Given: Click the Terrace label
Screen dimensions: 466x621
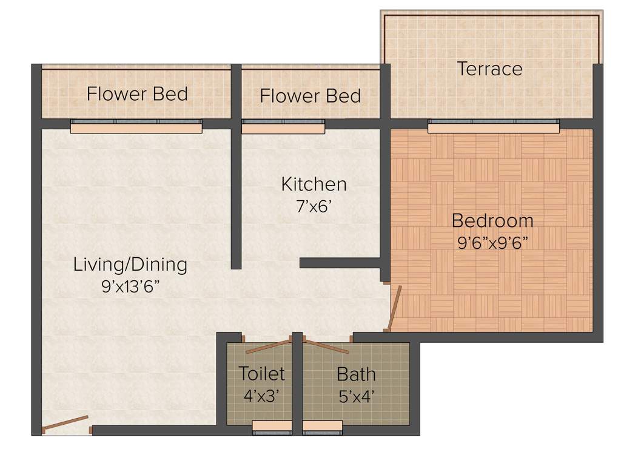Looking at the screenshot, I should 489,69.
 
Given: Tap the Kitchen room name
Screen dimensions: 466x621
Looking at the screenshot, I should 314,184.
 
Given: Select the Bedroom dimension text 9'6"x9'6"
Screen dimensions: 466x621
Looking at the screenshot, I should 492,243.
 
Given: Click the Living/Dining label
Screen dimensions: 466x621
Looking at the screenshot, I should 130,265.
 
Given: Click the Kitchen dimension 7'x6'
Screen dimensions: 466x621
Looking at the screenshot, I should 314,206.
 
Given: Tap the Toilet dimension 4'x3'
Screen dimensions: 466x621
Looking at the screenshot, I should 261,396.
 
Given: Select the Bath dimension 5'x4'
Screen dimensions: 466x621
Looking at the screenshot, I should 356,396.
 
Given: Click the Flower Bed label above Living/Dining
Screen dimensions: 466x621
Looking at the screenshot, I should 137,94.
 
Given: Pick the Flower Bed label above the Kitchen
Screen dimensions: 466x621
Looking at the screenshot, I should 310,96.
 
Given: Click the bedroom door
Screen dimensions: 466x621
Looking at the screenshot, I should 393,308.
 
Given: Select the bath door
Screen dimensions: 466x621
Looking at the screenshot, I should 326,346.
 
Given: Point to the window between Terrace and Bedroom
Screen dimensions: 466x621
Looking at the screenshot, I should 493,126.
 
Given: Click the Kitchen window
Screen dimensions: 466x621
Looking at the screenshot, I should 283,126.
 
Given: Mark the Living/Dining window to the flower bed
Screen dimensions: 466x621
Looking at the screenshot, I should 136,126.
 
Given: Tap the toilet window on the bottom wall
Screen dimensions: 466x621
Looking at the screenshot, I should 272,428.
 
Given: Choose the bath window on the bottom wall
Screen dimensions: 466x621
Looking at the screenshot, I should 323,428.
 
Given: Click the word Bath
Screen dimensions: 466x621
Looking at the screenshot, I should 356,374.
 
